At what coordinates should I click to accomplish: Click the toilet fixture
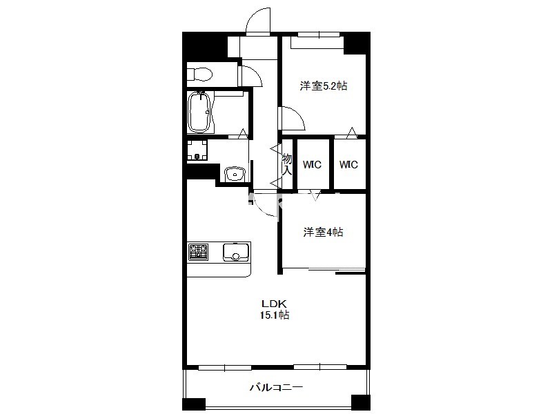pos(199,75)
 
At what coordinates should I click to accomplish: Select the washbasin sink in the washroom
pos(235,174)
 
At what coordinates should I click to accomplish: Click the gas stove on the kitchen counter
pos(198,252)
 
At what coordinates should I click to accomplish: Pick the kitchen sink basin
pos(235,253)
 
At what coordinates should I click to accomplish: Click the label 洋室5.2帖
pos(324,86)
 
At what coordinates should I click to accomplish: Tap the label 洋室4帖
pos(323,232)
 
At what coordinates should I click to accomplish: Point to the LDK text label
pos(274,304)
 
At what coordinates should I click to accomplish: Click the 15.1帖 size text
pos(275,315)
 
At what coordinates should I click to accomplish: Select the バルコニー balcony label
pos(277,388)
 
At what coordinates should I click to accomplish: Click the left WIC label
pos(312,164)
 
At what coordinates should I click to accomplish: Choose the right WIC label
pos(348,164)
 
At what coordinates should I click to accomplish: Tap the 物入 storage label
pos(287,164)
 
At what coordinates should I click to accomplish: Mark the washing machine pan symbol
pos(197,150)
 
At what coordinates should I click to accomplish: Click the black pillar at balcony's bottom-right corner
pos(361,402)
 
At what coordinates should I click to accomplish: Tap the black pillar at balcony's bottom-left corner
pos(194,404)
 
